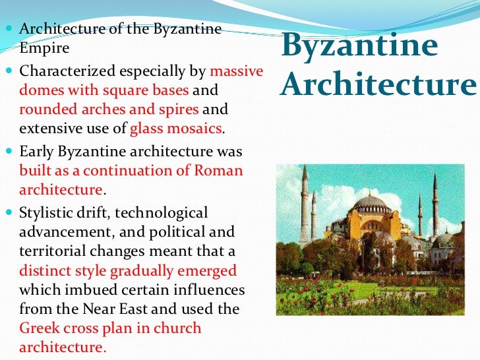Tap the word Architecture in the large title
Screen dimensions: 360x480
coord(378,85)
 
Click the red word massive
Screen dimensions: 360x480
coord(236,71)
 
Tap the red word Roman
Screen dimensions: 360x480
coord(219,171)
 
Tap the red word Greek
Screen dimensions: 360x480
coord(39,328)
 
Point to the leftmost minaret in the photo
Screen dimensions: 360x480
coord(305,198)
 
